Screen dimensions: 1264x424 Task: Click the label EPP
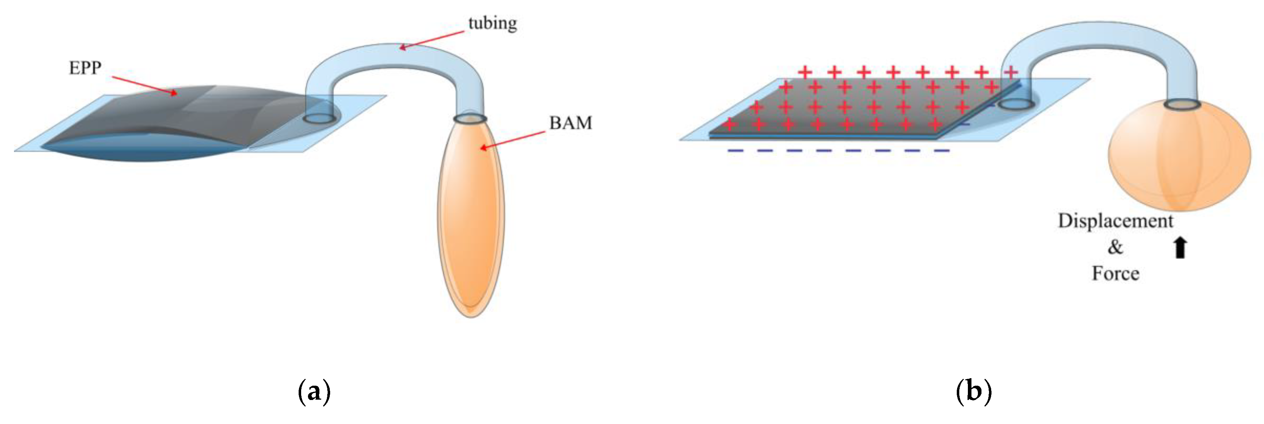(x=85, y=68)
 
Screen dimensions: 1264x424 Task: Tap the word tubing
(x=492, y=23)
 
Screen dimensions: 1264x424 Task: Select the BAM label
(x=570, y=123)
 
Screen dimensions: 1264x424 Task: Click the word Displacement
(x=1115, y=221)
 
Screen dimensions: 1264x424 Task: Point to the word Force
(x=1115, y=273)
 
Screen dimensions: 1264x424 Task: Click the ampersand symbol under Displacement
(x=1115, y=247)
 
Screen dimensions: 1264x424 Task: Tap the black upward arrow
(x=1180, y=247)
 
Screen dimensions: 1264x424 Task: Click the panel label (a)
(x=314, y=392)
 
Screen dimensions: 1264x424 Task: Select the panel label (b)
(x=974, y=392)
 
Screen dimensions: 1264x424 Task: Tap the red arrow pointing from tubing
(x=432, y=40)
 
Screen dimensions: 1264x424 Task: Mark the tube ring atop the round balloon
(x=1182, y=104)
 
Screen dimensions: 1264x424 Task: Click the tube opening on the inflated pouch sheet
(x=319, y=118)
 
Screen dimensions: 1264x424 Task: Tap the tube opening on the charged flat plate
(x=1016, y=104)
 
